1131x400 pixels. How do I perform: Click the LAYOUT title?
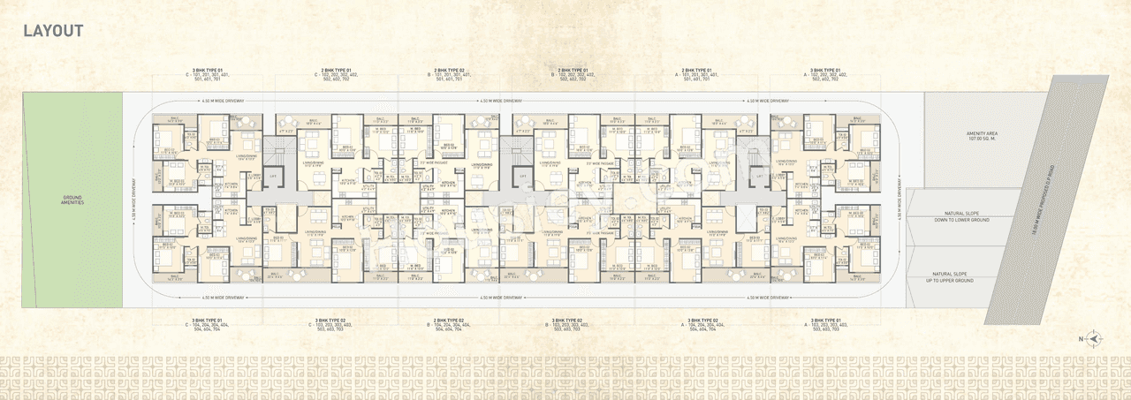click(x=53, y=31)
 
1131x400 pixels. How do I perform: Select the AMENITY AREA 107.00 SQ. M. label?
click(x=981, y=136)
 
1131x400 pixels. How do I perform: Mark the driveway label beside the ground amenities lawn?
click(x=131, y=200)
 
